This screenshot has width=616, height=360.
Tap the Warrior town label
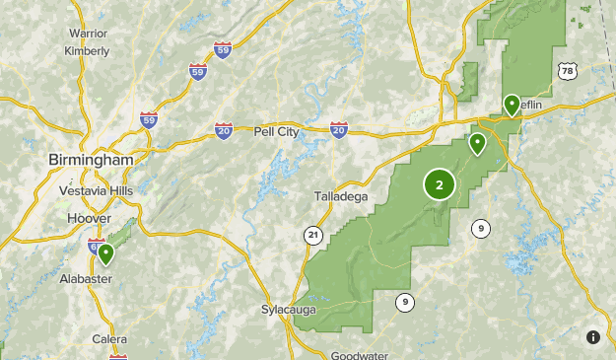(88, 33)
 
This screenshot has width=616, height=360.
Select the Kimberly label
(87, 50)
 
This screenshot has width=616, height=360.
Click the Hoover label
(89, 218)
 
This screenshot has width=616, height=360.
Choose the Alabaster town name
(88, 279)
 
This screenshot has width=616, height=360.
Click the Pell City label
(276, 130)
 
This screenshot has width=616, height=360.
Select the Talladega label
(341, 196)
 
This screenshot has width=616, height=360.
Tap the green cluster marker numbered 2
(440, 183)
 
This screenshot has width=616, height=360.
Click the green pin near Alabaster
(105, 254)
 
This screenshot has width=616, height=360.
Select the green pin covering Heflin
(512, 105)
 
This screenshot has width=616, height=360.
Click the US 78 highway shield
(566, 71)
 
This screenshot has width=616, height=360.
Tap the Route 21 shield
(312, 234)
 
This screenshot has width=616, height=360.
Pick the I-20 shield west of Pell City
(224, 130)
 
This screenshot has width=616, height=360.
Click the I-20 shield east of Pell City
(338, 129)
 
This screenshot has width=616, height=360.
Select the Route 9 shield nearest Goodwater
(404, 302)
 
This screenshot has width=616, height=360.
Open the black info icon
(592, 336)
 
